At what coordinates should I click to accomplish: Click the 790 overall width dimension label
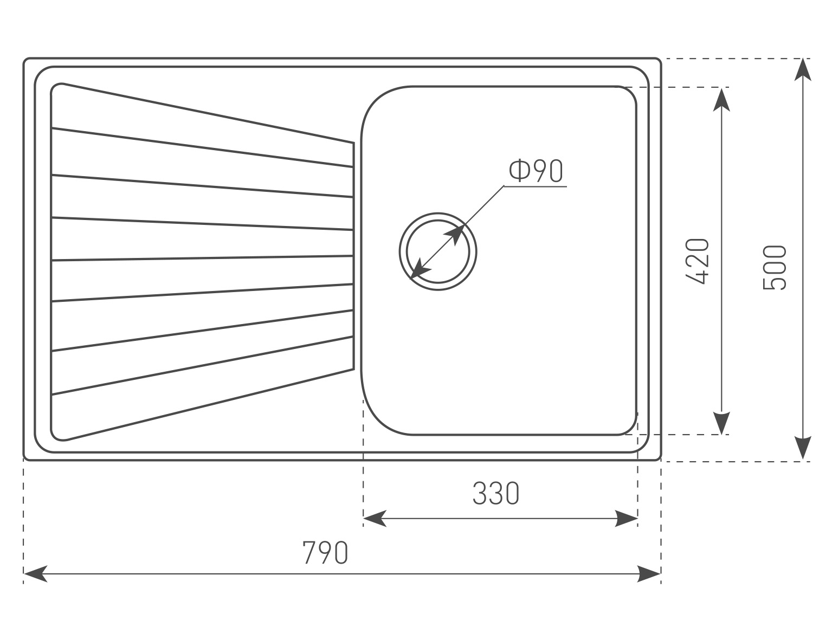325,553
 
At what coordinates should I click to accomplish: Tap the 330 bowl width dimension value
495,493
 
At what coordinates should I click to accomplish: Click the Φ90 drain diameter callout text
536,171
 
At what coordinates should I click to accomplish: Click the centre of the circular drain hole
438,251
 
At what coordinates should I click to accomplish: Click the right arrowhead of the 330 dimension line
627,519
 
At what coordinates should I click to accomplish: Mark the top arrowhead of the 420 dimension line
721,99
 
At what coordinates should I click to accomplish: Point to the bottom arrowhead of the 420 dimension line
721,423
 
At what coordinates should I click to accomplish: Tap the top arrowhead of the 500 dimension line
803,69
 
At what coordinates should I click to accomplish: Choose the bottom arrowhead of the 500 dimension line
803,449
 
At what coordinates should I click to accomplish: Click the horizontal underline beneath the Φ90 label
536,186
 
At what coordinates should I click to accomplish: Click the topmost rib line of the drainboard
202,147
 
